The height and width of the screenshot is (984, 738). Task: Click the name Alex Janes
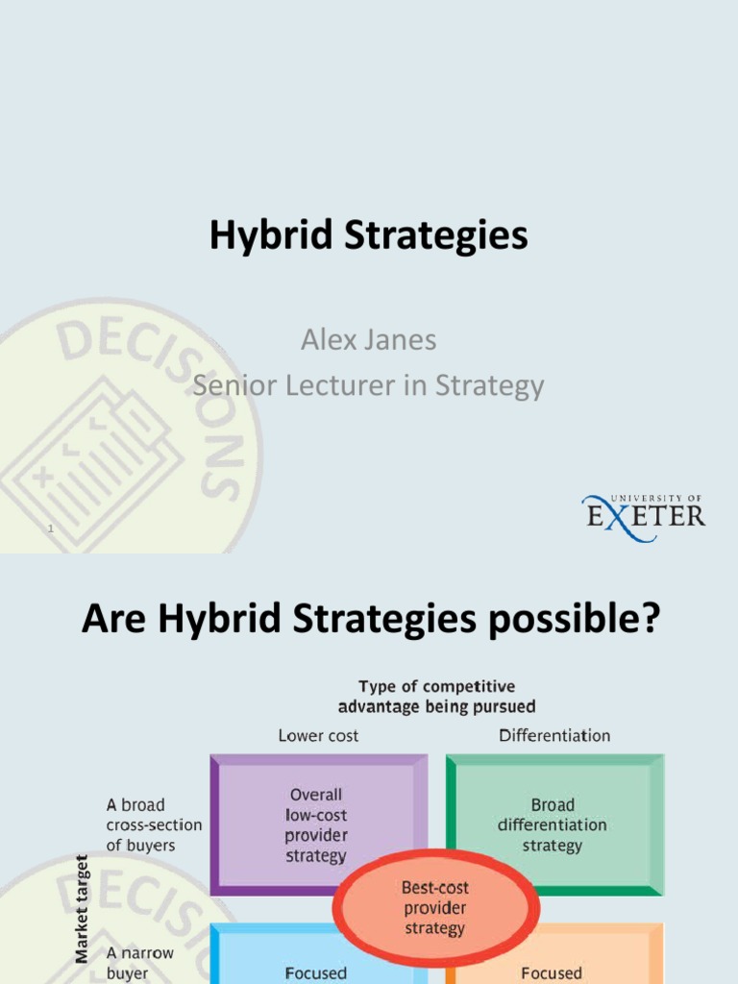tap(369, 339)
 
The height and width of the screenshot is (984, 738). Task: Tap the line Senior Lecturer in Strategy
tap(369, 386)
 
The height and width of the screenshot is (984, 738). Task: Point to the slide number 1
tap(51, 529)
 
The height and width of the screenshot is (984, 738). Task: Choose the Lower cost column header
tap(318, 735)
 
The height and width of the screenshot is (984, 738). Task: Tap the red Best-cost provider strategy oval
tap(434, 908)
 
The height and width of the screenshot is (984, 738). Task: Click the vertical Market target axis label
tap(83, 908)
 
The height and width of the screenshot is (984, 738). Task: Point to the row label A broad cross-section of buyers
tap(154, 824)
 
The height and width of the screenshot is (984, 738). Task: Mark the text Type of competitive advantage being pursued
tap(436, 696)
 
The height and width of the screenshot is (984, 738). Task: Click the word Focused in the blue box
tap(316, 972)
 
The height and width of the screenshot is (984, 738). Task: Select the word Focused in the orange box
tap(552, 972)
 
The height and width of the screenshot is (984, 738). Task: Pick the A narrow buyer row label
tap(139, 963)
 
